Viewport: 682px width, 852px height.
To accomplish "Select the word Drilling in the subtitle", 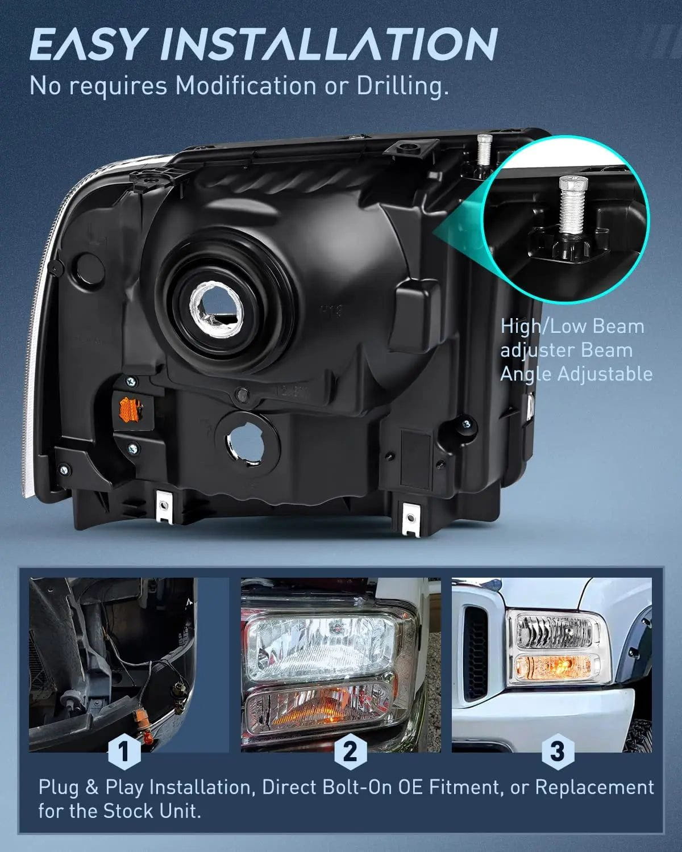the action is (402, 86).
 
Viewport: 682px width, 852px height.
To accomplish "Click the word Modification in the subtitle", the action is (246, 85).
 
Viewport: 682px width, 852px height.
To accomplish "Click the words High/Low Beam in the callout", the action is (572, 327).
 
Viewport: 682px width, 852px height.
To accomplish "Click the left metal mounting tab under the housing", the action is (164, 506).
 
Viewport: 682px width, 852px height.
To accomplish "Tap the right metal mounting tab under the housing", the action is (410, 518).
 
